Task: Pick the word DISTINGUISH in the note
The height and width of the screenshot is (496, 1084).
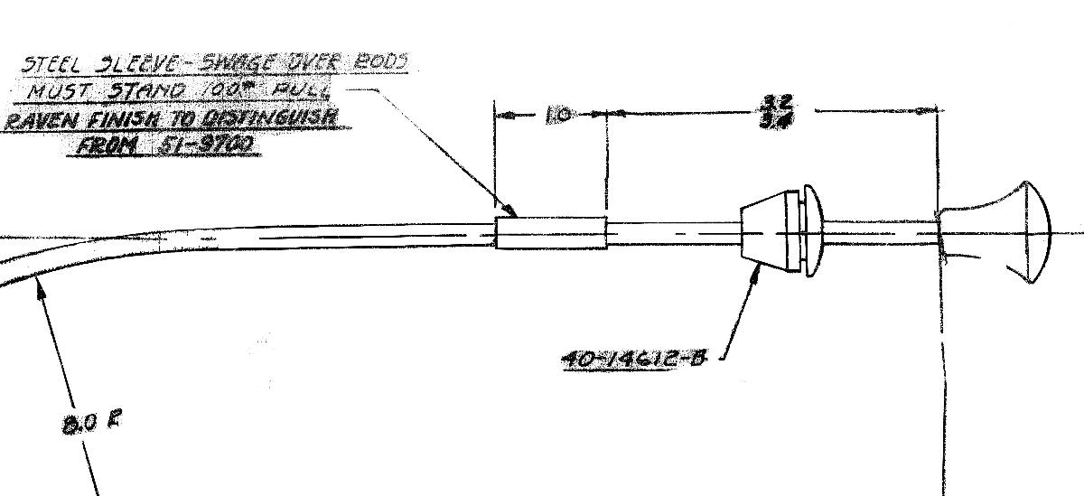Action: click(270, 117)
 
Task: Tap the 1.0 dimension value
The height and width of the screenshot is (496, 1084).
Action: click(558, 116)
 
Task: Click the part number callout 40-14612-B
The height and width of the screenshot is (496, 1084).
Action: click(632, 358)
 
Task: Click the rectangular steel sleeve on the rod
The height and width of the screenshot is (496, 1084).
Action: click(551, 232)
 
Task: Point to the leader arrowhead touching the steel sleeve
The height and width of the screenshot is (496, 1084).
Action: click(512, 213)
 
